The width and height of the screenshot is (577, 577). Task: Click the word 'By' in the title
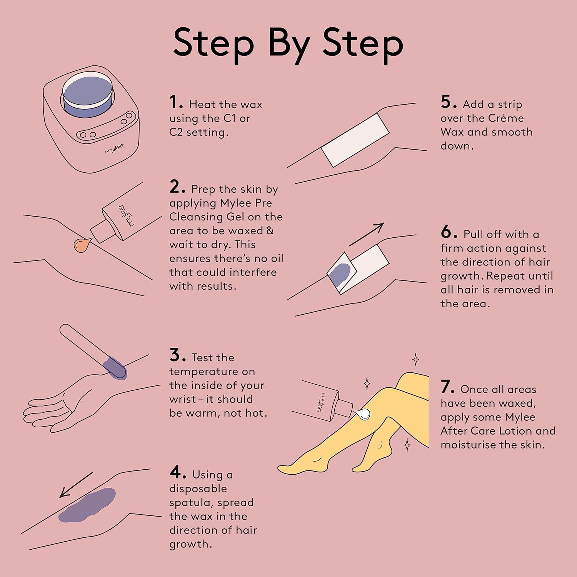(289, 45)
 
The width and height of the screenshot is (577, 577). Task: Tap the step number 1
(174, 102)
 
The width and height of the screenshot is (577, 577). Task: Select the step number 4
(175, 472)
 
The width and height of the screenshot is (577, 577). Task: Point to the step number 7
(447, 387)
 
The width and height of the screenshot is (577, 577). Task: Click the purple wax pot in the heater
(88, 94)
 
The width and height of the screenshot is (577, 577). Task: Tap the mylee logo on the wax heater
(114, 149)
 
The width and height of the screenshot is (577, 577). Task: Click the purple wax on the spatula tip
(115, 368)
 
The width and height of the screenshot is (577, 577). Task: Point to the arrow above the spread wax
(76, 485)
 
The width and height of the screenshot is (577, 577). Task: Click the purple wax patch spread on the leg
(87, 505)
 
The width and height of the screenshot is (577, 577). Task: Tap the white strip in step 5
(355, 140)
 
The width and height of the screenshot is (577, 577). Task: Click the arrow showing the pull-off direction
(367, 234)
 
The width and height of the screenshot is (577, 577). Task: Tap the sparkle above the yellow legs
(415, 359)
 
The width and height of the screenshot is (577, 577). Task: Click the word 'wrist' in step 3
(182, 399)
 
